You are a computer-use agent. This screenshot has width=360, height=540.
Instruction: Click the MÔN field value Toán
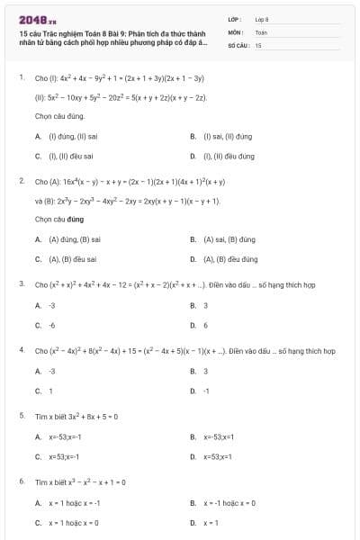click(261, 31)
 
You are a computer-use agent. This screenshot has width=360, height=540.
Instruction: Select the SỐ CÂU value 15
click(258, 44)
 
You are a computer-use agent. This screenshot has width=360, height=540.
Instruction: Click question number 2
click(21, 181)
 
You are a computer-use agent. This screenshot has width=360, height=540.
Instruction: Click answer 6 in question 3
click(205, 325)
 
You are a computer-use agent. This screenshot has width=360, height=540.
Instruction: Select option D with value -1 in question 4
click(205, 391)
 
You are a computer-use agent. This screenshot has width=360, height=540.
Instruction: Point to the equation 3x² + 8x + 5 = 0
click(87, 416)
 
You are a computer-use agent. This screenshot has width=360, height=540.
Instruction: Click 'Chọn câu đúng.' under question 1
click(60, 116)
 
